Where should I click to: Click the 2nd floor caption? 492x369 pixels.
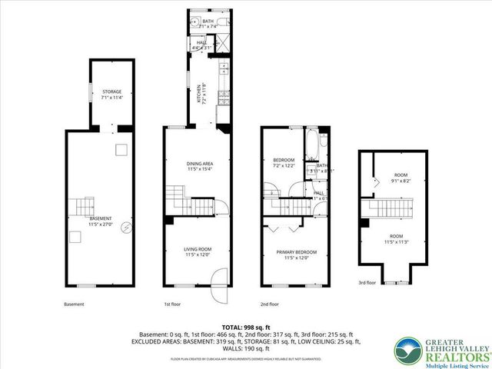270,304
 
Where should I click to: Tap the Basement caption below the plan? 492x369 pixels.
75,304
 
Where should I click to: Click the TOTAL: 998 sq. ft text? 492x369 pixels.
246,327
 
